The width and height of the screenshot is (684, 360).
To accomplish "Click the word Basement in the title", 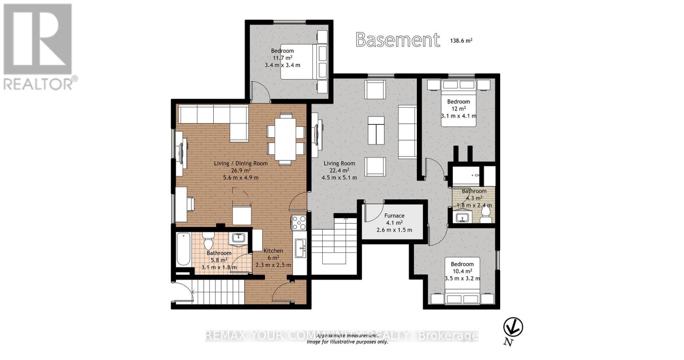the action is coord(398,40).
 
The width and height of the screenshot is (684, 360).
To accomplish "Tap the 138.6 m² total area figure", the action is coord(461,40).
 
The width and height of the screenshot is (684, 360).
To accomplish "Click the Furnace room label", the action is coord(394,215).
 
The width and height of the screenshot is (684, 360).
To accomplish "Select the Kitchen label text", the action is coord(273,251).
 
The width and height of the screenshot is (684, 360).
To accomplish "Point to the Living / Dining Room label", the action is coord(241,163).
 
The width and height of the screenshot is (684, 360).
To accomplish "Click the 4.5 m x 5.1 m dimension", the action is coord(339,177).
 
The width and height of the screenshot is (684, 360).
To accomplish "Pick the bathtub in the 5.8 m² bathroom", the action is coord(183,249).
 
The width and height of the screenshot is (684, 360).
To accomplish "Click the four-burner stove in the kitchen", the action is coord(299,223).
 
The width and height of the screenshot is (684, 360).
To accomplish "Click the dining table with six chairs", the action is coord(286,139).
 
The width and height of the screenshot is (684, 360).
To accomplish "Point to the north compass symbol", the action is coord(513,328).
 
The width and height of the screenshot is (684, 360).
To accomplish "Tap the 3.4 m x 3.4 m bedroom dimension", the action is coord(282,65).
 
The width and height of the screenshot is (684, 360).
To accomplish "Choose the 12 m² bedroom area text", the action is coord(458,109).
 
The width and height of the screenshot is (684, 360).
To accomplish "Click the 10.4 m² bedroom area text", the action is coord(462,271).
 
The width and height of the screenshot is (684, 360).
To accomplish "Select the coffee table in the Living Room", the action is coord(376,131).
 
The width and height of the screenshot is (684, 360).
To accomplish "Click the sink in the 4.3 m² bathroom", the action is coord(462,218).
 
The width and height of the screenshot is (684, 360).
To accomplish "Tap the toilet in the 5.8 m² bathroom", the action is coord(209,241).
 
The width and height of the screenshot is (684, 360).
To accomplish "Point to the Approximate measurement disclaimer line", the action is coord(347,336).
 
